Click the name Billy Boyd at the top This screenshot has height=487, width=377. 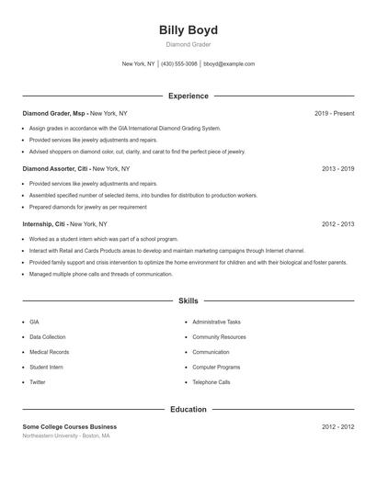(188, 29)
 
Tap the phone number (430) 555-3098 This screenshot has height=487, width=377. (179, 64)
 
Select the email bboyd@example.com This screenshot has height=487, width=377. (229, 64)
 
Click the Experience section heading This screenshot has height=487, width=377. (188, 96)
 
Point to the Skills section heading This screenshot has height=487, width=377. (188, 300)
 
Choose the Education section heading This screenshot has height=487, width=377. (188, 409)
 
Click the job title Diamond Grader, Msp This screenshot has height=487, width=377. (54, 113)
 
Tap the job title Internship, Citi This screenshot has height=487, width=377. (45, 224)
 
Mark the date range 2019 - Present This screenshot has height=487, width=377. (334, 113)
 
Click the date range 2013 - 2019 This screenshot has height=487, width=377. (337, 169)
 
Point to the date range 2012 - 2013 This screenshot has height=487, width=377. (337, 224)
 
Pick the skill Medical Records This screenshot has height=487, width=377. (49, 352)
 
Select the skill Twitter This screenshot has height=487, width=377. (37, 382)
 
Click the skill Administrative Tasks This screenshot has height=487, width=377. (216, 323)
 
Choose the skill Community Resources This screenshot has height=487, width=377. (218, 337)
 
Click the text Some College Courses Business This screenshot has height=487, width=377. (70, 426)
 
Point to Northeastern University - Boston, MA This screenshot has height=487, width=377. (66, 436)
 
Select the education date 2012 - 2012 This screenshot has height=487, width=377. (337, 426)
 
